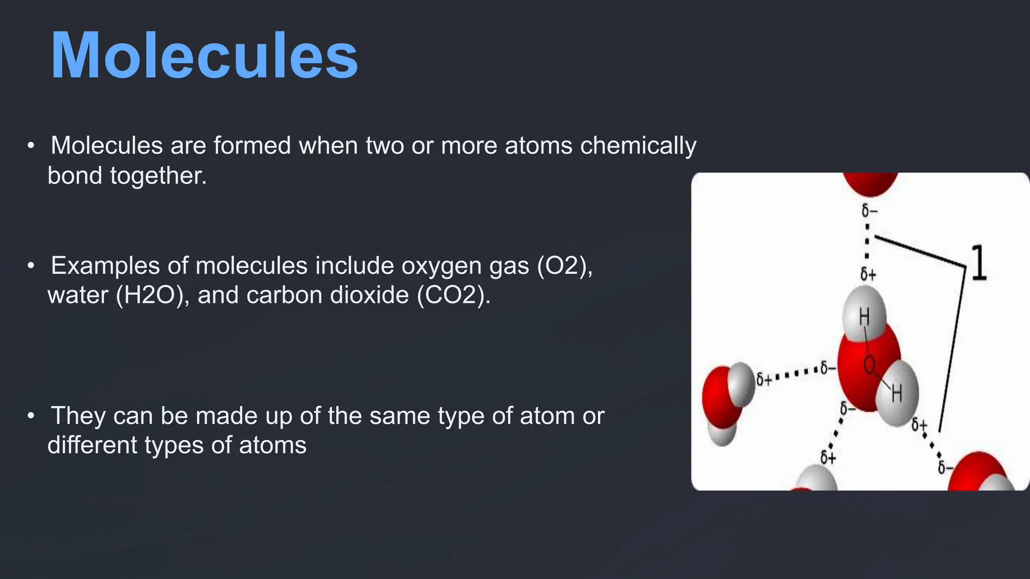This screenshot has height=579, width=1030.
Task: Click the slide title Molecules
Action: tap(204, 56)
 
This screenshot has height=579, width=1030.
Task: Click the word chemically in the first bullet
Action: tap(638, 146)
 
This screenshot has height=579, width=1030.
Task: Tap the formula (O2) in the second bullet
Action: tap(565, 266)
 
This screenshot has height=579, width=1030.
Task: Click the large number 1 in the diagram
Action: tap(978, 263)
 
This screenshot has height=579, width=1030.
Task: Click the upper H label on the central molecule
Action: tap(864, 317)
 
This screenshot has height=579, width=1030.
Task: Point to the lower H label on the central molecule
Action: tap(897, 394)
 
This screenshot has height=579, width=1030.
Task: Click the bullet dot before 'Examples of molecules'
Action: tap(31, 265)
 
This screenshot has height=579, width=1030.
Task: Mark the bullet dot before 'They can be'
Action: tap(31, 416)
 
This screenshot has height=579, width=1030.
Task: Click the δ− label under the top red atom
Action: tap(869, 211)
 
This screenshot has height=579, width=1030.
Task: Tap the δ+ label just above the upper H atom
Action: tap(868, 274)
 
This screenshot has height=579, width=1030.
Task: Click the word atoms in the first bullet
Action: tap(539, 146)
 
